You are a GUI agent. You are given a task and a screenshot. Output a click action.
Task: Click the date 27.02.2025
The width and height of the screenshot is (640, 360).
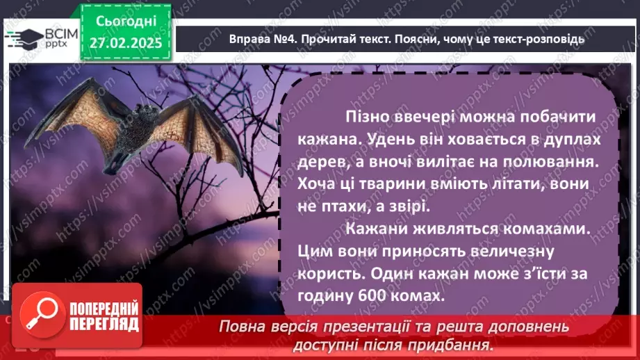[125, 43]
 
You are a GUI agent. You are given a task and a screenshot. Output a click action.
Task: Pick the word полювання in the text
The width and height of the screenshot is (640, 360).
[553, 161]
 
